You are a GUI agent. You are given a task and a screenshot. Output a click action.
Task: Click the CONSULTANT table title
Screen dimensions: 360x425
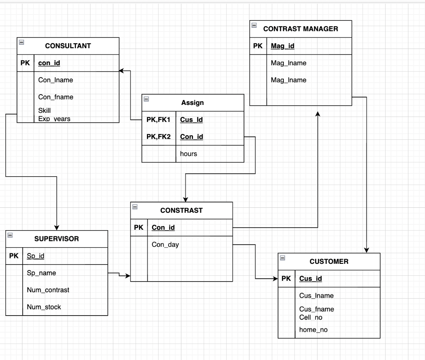[x=68, y=46]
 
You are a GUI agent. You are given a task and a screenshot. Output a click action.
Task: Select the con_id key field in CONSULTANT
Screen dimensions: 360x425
[x=49, y=63]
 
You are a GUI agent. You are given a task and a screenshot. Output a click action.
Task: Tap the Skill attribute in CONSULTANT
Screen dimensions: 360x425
[x=44, y=110]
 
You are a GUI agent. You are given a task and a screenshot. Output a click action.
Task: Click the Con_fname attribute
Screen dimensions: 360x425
[x=56, y=97]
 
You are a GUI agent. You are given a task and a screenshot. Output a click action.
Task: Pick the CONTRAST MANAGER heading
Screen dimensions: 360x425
[x=300, y=29]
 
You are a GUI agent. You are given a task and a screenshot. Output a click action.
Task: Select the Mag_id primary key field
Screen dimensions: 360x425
[x=282, y=46]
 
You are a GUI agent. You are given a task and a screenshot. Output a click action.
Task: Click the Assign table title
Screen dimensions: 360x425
[x=193, y=102]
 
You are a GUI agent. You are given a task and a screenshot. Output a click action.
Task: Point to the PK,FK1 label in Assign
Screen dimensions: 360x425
[x=159, y=120]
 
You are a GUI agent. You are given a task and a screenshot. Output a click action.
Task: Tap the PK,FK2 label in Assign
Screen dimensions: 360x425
[x=159, y=136]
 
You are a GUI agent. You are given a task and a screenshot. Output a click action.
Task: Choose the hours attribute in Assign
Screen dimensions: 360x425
[x=188, y=153]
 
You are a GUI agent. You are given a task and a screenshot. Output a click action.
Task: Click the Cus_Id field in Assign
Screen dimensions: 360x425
[x=191, y=120]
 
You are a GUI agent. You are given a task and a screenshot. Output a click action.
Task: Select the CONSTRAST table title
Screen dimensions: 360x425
[x=181, y=210]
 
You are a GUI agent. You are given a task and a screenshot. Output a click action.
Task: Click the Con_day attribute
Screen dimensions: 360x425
[x=165, y=244]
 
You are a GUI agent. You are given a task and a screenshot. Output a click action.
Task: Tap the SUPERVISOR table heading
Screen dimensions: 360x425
[x=56, y=239]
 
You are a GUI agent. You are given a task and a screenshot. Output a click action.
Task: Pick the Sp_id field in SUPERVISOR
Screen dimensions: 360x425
[x=35, y=256]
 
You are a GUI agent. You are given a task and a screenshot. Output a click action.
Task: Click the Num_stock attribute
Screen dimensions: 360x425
[x=44, y=307]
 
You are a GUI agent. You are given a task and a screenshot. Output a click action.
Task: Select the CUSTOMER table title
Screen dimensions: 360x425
[x=329, y=261]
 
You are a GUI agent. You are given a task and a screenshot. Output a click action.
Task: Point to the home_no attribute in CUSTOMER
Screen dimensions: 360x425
[x=313, y=330]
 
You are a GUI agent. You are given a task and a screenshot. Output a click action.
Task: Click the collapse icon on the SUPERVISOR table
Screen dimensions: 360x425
[x=10, y=235]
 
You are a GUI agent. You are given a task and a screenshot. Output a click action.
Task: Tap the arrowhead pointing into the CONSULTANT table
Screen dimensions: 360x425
[x=122, y=71]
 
